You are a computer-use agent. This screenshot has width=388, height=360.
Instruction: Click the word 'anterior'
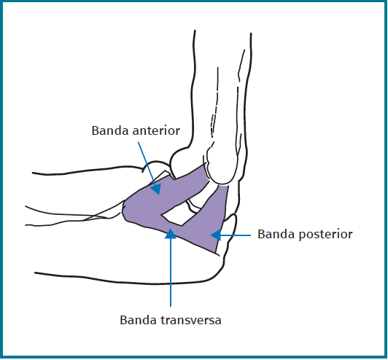[156, 130]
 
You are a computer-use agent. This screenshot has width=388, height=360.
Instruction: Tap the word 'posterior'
[325, 235]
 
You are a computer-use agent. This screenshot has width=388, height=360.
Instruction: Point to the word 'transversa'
[191, 320]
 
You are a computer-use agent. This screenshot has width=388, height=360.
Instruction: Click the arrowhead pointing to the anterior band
[156, 189]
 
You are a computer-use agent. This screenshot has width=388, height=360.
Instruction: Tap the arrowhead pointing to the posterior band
[216, 235]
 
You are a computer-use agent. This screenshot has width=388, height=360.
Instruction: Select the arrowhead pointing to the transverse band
[171, 233]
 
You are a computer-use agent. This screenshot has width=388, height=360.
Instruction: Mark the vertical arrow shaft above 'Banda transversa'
[171, 273]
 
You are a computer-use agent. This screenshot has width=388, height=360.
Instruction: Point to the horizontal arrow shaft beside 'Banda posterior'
[236, 235]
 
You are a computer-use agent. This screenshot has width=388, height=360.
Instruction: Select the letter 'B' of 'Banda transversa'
[123, 320]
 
